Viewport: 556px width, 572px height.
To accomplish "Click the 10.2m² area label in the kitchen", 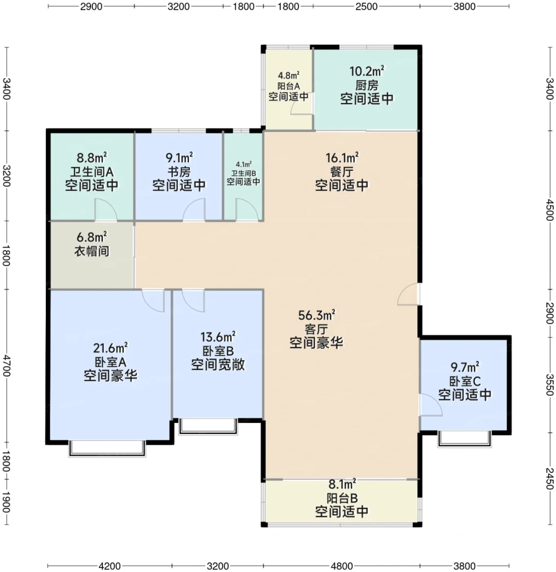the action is pyautogui.click(x=367, y=71).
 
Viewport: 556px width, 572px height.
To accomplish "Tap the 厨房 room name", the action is pyautogui.click(x=367, y=85).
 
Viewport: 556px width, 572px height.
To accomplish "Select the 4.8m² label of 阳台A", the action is pyautogui.click(x=289, y=75).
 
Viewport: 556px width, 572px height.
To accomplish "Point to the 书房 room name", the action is pyautogui.click(x=179, y=172).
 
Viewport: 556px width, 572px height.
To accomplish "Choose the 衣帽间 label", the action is pyautogui.click(x=91, y=251).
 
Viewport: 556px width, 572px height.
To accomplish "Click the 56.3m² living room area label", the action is pyautogui.click(x=317, y=315).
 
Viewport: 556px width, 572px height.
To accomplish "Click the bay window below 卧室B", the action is pyautogui.click(x=208, y=427).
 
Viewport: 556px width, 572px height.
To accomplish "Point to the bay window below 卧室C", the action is pyautogui.click(x=465, y=440).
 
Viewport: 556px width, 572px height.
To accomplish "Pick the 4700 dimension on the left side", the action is pyautogui.click(x=7, y=366).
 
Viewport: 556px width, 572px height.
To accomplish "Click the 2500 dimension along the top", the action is pyautogui.click(x=367, y=7).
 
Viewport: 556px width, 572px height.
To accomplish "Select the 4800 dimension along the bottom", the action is pyautogui.click(x=342, y=566).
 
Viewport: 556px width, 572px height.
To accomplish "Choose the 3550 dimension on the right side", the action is pyautogui.click(x=549, y=384).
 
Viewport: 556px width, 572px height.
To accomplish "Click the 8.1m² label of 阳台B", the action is pyautogui.click(x=342, y=484).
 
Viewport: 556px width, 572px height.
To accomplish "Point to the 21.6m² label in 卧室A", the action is pyautogui.click(x=111, y=349).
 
